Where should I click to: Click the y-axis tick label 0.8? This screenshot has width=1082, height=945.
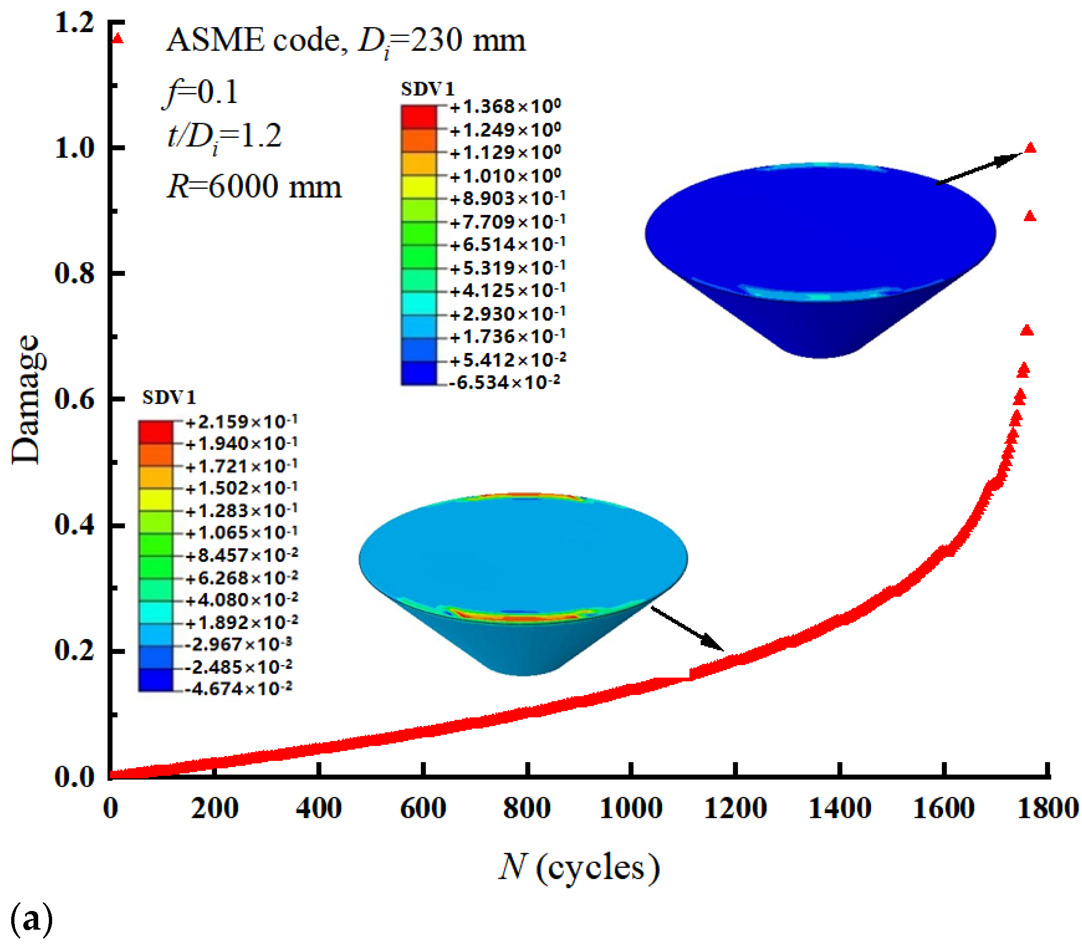pyautogui.click(x=74, y=273)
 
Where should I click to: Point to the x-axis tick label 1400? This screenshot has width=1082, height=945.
pyautogui.click(x=839, y=809)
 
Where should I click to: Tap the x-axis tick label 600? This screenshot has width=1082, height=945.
pyautogui.click(x=423, y=809)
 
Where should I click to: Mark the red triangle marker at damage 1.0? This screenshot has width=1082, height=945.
pyautogui.click(x=1030, y=148)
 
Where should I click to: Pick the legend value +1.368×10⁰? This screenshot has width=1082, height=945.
pyautogui.click(x=505, y=107)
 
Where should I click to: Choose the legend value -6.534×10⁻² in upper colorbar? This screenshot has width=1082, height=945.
pyautogui.click(x=504, y=382)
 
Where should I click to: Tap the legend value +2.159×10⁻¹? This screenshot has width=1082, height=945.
pyautogui.click(x=241, y=422)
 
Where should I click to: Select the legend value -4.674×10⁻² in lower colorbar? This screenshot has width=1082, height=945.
pyautogui.click(x=239, y=689)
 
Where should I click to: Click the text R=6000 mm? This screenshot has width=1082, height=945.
pyautogui.click(x=254, y=187)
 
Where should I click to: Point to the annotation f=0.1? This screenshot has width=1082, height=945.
pyautogui.click(x=200, y=92)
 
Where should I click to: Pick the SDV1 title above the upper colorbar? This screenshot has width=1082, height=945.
pyautogui.click(x=427, y=89)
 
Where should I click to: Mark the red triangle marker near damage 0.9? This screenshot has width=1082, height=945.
pyautogui.click(x=1030, y=216)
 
